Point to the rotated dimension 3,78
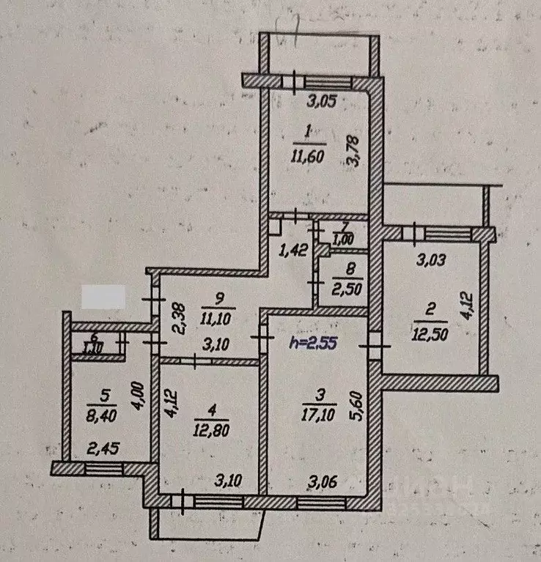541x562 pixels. pos(353,153)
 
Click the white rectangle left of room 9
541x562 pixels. pos(103,297)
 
